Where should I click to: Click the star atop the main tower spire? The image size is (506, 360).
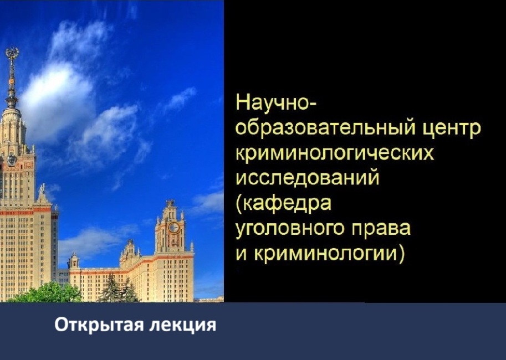12,53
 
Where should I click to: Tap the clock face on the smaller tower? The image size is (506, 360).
173,227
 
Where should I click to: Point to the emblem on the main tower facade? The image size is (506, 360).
11,160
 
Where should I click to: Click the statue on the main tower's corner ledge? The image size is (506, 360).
42,189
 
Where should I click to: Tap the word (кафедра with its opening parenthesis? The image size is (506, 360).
283,204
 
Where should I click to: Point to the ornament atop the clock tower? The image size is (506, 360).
170,203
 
